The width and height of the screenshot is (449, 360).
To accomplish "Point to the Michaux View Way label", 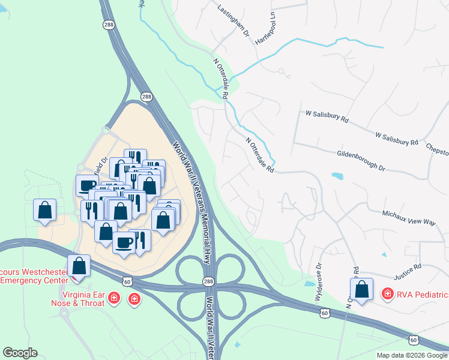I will pos(409,217).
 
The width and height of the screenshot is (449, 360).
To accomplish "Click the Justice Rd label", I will pos(408,273).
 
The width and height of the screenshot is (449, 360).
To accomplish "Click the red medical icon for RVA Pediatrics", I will pos(388,294).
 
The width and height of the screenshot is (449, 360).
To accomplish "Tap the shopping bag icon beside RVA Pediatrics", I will pos(362,289).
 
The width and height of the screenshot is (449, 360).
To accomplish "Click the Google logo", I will pos(20,353).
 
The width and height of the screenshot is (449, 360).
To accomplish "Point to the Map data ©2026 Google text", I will pos(411,355).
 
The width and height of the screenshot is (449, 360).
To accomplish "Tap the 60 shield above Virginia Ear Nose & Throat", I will pos(127,281).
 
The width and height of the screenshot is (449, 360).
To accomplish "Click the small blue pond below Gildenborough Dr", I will pos(337,176).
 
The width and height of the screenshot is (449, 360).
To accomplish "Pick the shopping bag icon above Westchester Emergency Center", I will pos(79,265).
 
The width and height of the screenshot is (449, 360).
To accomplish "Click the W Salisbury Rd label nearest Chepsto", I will pos(396,139).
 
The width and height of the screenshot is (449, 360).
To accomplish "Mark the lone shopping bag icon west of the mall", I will pos(45,210).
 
